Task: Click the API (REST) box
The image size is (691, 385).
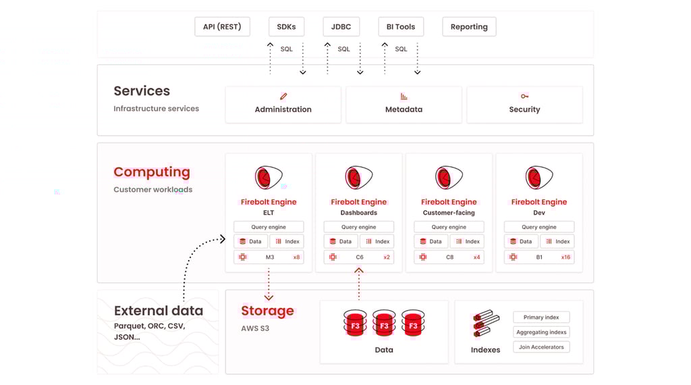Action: tap(222, 27)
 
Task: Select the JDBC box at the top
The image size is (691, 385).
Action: tap(341, 27)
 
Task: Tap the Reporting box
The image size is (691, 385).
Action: tap(469, 27)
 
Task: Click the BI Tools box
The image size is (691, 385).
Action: tap(401, 27)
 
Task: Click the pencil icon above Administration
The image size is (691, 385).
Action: tap(283, 97)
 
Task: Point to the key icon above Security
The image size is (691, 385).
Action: tap(524, 97)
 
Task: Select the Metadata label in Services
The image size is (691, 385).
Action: tap(404, 109)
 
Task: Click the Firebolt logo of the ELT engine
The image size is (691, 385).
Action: tap(268, 178)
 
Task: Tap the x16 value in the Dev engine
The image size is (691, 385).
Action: tap(565, 257)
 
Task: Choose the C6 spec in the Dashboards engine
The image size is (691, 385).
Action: tap(360, 257)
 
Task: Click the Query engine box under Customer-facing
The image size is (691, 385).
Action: tap(449, 227)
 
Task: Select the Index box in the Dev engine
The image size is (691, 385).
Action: tap(557, 241)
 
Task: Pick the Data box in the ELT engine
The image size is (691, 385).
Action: tap(250, 241)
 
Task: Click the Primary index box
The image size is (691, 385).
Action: tap(541, 317)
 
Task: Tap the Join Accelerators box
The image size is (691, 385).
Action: tap(541, 347)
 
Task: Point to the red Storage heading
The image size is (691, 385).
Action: tap(267, 311)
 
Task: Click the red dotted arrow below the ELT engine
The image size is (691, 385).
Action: tap(269, 284)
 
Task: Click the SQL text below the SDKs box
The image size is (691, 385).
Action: tap(287, 49)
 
